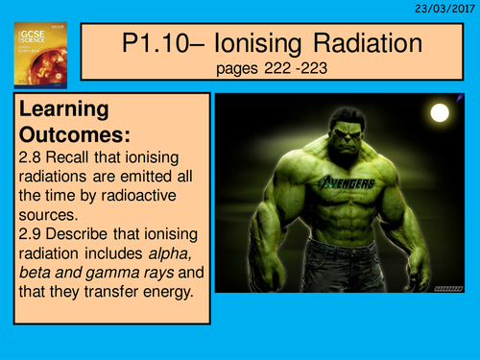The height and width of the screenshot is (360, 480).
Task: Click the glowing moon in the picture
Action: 440,113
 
